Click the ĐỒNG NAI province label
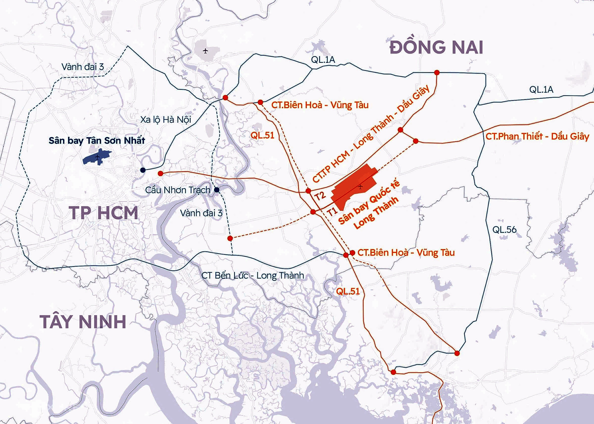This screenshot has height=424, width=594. (436, 47)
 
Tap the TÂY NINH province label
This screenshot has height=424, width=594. (83, 322)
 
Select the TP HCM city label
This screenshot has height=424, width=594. (104, 213)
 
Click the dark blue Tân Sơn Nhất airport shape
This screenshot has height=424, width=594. (97, 157)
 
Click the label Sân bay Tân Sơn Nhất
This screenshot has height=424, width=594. (97, 140)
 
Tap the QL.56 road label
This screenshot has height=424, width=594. (504, 229)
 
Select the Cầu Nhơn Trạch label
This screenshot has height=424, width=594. (178, 190)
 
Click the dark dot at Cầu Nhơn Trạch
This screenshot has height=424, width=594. (217, 190)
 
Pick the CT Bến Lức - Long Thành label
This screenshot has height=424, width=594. (252, 275)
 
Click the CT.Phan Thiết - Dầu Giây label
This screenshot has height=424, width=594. (537, 136)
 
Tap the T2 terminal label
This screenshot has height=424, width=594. (320, 195)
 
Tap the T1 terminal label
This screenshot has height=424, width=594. (332, 212)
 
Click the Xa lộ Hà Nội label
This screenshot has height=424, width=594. (166, 119)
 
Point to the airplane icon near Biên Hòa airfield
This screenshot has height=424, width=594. (205, 51)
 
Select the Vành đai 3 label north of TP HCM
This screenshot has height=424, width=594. (83, 66)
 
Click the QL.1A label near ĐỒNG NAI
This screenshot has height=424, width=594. (323, 59)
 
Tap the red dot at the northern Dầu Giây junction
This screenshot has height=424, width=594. (437, 73)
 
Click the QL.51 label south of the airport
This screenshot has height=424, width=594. (348, 291)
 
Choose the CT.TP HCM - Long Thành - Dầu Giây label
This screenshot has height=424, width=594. (371, 134)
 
